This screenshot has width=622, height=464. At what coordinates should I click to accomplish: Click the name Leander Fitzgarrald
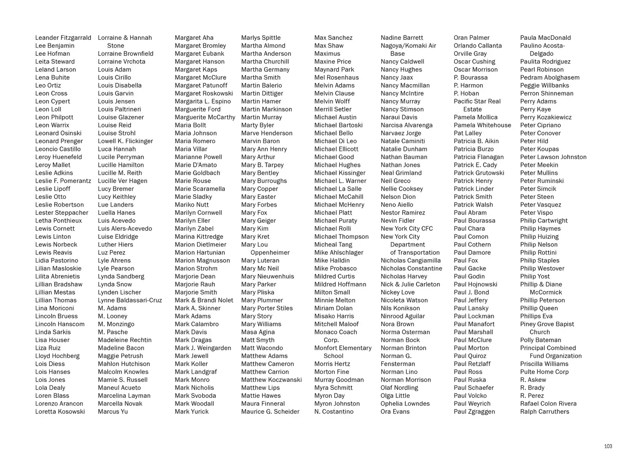click(x=63, y=38)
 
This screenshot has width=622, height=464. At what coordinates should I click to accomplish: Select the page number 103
click(x=608, y=446)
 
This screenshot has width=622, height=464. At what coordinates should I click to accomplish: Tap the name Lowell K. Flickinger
click(x=125, y=141)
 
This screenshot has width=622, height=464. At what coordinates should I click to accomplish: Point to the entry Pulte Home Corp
click(x=544, y=372)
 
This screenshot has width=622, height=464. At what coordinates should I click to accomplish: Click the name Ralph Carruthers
click(x=545, y=411)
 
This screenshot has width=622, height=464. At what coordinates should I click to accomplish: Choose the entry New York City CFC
click(x=407, y=228)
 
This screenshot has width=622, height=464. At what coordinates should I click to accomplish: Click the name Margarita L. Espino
click(x=203, y=101)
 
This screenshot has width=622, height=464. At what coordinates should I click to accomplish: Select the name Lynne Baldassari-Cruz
click(x=130, y=300)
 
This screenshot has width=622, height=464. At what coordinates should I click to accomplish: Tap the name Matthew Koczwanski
click(x=271, y=380)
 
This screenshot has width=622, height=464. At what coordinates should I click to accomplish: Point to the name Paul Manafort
click(x=474, y=324)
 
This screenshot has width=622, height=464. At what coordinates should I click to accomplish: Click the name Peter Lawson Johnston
click(x=553, y=157)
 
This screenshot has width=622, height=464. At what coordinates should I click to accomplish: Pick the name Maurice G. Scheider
click(x=270, y=411)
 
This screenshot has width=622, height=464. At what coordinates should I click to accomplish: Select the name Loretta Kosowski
click(x=60, y=411)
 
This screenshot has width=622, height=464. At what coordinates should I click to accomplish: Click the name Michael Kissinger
click(x=340, y=173)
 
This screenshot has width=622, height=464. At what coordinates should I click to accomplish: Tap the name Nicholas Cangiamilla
click(x=411, y=260)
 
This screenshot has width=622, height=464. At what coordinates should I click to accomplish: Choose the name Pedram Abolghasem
click(x=550, y=77)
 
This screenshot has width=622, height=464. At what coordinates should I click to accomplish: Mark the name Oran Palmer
click(x=471, y=38)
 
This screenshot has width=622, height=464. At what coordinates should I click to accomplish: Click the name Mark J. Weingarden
click(x=203, y=348)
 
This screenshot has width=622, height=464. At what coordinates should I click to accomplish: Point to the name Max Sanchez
click(x=333, y=38)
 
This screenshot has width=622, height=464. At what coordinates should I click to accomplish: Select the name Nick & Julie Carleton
click(x=410, y=284)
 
